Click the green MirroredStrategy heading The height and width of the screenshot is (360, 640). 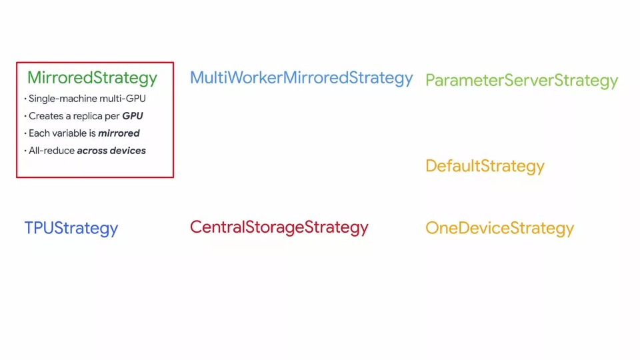(92, 78)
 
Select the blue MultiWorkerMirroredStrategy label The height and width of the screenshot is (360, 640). (301, 78)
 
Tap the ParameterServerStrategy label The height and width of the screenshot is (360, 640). (521, 81)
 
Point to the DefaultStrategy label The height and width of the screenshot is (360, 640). (485, 166)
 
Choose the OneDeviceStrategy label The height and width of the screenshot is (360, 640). (499, 228)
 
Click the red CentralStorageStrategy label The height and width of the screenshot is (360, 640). (279, 227)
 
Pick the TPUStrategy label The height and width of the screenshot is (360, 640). (71, 228)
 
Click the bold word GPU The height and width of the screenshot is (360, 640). (133, 116)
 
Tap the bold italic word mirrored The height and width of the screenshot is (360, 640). (119, 133)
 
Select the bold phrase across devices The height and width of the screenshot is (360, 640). (111, 151)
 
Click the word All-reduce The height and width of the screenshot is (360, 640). (51, 151)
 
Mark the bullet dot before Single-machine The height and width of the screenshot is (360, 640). (25, 99)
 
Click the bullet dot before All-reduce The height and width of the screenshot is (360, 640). (25, 151)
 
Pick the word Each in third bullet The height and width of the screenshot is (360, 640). (38, 133)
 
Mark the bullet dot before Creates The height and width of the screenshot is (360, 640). (25, 117)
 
